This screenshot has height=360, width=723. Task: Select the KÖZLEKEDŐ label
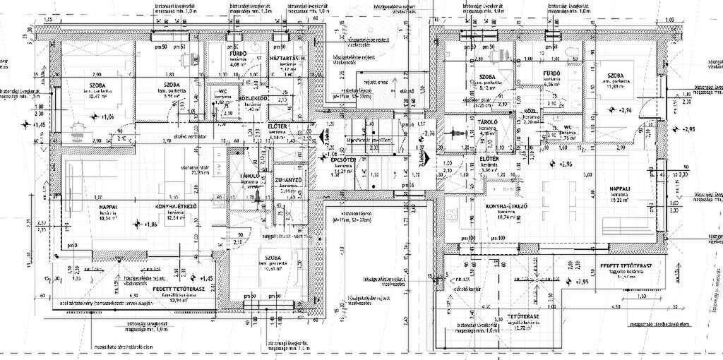(x=252, y=98)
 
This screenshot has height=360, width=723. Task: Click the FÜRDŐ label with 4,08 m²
(x=237, y=54)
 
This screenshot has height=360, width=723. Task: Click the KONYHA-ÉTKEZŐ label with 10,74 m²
(x=504, y=206)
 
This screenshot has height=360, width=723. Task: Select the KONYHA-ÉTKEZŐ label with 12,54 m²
(x=175, y=208)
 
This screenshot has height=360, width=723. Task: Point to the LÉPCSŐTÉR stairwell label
(x=345, y=160)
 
